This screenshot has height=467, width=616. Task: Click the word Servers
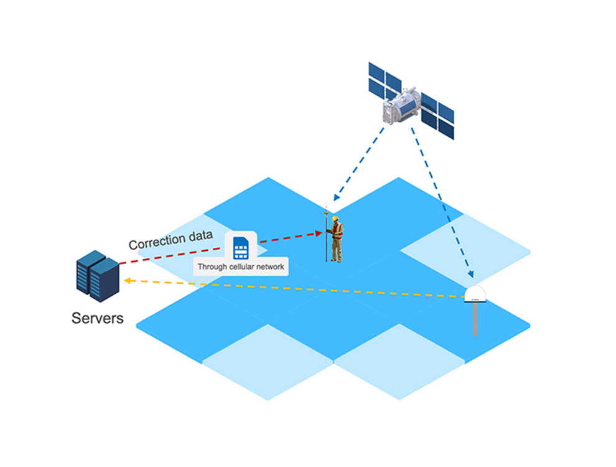pyautogui.click(x=98, y=318)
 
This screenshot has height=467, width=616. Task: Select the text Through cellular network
pyautogui.click(x=241, y=267)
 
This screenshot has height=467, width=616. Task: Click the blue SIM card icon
pyautogui.click(x=240, y=247)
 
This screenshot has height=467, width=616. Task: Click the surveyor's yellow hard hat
pyautogui.click(x=335, y=219)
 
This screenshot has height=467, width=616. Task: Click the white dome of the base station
pyautogui.click(x=476, y=293)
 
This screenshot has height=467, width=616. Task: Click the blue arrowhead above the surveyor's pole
pyautogui.click(x=335, y=197)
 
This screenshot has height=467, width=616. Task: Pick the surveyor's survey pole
pyautogui.click(x=325, y=237)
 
